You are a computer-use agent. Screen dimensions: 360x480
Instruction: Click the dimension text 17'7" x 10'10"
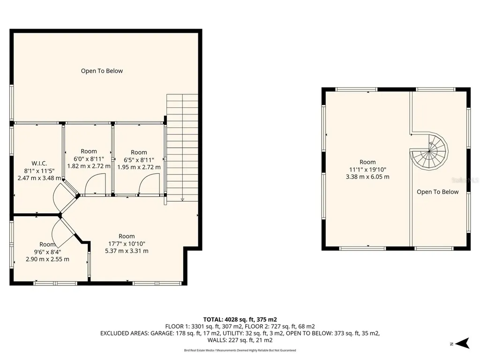[127, 243]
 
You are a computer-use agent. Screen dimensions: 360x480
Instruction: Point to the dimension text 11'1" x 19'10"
[367, 170]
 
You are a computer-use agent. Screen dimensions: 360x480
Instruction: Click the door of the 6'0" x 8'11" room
[95, 184]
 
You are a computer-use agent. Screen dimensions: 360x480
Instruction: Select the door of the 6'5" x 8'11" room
[149, 184]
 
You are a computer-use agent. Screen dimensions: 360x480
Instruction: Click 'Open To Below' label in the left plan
[102, 71]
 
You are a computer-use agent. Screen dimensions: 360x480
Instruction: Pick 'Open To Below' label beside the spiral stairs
[437, 192]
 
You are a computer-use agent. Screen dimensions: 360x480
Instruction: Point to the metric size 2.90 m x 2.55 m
[47, 259]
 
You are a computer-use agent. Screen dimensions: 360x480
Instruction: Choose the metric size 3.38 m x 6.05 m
[367, 177]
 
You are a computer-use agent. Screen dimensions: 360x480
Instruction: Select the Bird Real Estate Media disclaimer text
[240, 350]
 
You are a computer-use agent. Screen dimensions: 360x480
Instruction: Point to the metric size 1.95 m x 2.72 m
[139, 167]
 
